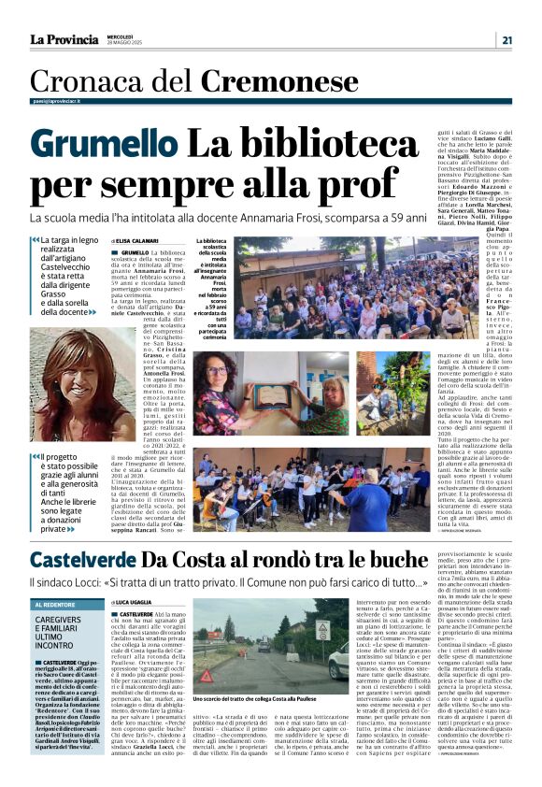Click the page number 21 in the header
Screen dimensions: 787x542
[506, 39]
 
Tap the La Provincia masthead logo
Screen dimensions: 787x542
[64, 39]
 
